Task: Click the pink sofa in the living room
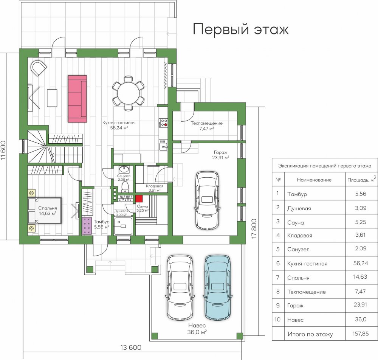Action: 77,99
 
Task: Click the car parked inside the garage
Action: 207,200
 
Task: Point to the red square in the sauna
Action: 139,199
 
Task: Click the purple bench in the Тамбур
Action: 87,226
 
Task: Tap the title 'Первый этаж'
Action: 240,29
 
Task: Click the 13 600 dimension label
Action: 131,348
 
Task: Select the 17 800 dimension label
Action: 254,228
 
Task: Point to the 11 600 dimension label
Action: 3,151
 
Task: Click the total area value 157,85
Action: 360,334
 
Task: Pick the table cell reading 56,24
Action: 361,263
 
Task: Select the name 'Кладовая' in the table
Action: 300,235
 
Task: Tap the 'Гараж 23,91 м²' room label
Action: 221,155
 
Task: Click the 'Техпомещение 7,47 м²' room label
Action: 207,126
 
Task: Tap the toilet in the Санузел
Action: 125,187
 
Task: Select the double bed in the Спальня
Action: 45,211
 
